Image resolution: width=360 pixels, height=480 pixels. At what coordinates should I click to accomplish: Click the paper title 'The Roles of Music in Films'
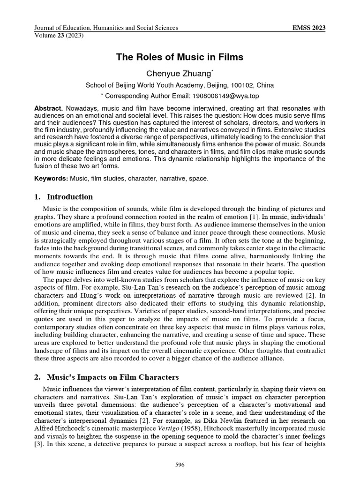click(x=180, y=58)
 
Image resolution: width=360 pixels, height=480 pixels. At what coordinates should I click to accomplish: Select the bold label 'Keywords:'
click(x=51, y=179)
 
